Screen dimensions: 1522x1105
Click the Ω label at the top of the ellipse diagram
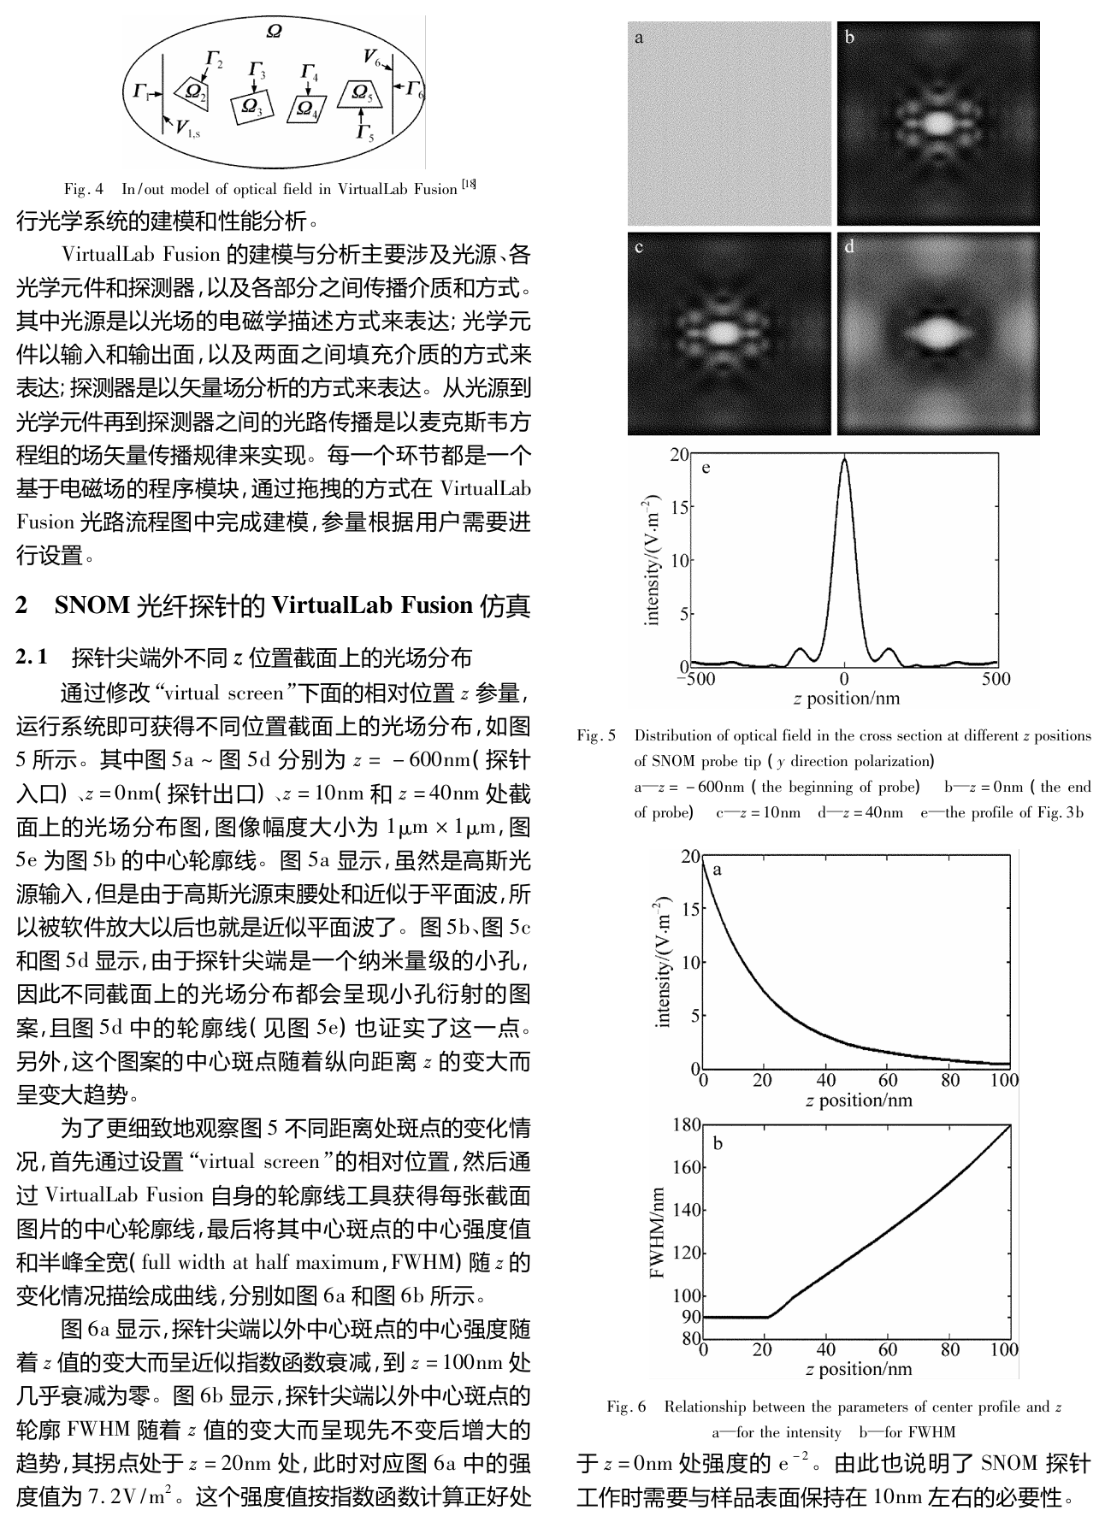tap(275, 32)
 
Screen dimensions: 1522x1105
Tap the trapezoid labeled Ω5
tap(360, 94)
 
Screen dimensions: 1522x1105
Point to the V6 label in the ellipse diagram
tap(371, 57)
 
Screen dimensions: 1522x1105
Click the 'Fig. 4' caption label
tap(84, 189)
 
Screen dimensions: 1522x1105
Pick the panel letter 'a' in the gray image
tap(639, 38)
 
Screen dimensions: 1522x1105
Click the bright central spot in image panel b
tap(938, 122)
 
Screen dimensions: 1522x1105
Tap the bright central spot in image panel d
tap(938, 333)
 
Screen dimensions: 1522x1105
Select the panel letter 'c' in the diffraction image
tap(639, 248)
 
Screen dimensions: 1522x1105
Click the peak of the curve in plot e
tap(844, 458)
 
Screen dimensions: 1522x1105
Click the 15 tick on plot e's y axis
tap(679, 507)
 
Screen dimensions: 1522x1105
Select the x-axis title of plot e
tap(846, 699)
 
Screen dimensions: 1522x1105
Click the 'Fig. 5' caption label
tap(596, 735)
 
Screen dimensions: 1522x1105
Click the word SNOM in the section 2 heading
tap(92, 606)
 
